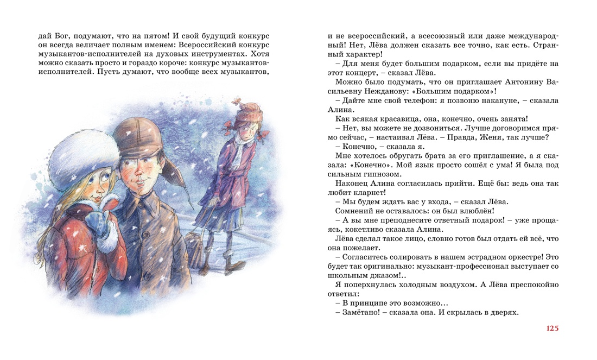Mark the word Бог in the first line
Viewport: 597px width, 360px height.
[62, 35]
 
